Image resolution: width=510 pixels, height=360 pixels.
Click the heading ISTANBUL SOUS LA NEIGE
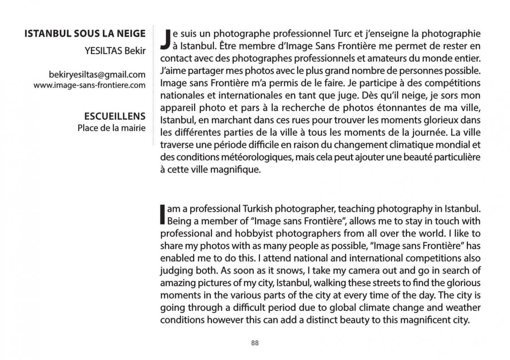click(85, 33)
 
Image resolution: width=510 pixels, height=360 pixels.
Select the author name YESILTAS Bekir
click(115, 50)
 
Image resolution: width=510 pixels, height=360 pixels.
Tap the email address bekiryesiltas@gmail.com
click(97, 75)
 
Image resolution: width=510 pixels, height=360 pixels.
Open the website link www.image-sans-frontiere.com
click(89, 85)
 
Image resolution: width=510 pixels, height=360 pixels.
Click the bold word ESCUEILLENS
click(115, 117)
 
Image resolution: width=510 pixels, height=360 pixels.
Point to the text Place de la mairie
click(111, 128)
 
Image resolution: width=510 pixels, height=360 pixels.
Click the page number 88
click(255, 343)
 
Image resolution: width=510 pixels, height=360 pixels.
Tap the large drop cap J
click(166, 39)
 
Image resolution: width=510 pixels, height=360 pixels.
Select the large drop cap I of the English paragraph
click(163, 215)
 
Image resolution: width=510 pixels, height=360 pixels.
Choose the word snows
click(277, 270)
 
